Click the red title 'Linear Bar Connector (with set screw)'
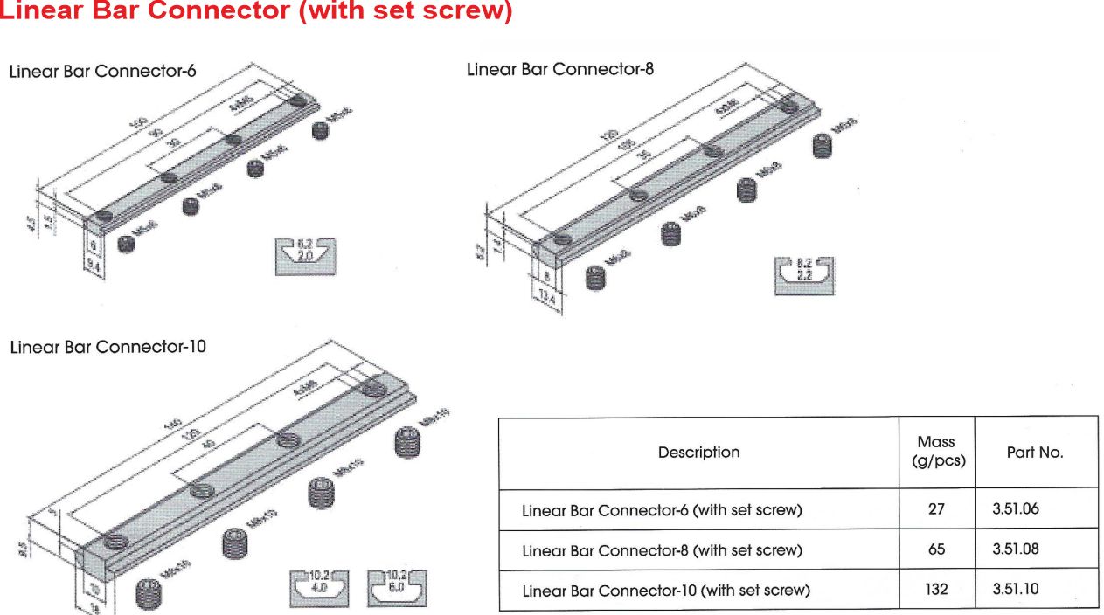pyautogui.click(x=255, y=12)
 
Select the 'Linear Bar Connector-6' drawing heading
pyautogui.click(x=102, y=72)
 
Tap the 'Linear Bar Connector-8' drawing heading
pyautogui.click(x=560, y=69)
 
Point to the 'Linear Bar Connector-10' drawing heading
pyautogui.click(x=108, y=347)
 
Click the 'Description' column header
pyautogui.click(x=698, y=453)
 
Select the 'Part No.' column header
pyautogui.click(x=1035, y=453)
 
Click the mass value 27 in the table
pyautogui.click(x=936, y=508)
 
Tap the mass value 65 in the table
pyautogui.click(x=936, y=549)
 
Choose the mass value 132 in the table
pyautogui.click(x=936, y=590)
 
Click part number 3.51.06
pyautogui.click(x=1016, y=508)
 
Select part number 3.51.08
pyautogui.click(x=1016, y=549)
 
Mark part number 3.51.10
pyautogui.click(x=1016, y=589)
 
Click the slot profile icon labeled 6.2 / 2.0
pyautogui.click(x=305, y=256)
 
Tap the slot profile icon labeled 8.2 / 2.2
pyautogui.click(x=804, y=274)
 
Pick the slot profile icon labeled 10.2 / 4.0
pyautogui.click(x=318, y=588)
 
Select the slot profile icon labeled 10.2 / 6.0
pyautogui.click(x=397, y=588)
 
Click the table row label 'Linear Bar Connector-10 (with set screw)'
pyautogui.click(x=666, y=591)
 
